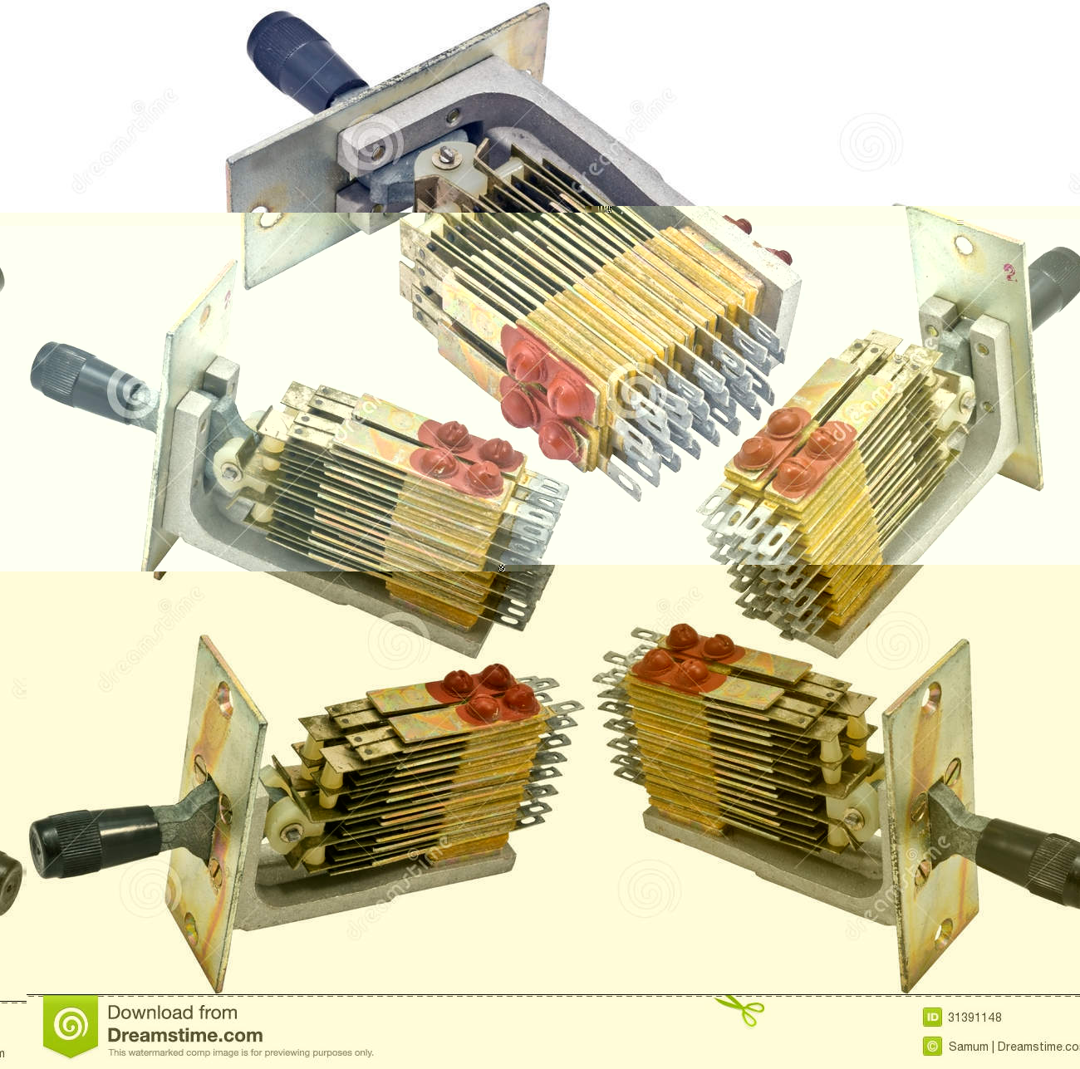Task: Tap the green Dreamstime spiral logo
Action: pos(71,1027)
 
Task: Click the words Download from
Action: pos(172,1013)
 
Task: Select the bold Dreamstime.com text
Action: pos(184,1036)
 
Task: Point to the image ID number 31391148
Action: pos(974,1018)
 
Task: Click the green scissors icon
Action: pos(739,1010)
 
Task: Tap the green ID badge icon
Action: pos(932,1018)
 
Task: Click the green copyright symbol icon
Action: pos(932,1047)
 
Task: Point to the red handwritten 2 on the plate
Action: pos(1009,272)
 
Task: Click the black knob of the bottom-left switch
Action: pos(91,839)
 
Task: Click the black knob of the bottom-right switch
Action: pos(1030,856)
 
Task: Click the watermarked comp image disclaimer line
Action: pos(240,1053)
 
